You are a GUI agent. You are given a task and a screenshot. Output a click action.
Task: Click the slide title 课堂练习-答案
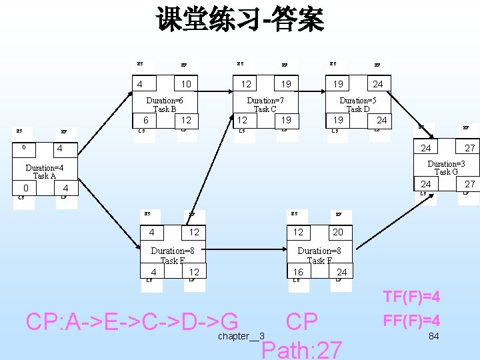pos(240,20)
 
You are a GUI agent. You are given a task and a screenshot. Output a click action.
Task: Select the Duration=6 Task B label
pos(165,105)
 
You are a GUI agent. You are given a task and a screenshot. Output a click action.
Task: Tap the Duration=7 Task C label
pos(265,105)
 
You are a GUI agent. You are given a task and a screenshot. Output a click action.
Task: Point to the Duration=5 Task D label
pos(358,105)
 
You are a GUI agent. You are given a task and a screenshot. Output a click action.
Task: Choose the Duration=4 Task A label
pos(44,172)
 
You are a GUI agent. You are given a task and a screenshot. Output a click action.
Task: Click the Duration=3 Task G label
pos(446,168)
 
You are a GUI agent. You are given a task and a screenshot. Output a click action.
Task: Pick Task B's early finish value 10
pos(186,84)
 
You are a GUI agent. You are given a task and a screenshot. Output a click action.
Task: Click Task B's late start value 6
pos(146,120)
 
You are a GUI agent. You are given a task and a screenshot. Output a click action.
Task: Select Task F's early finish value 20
pos(338,232)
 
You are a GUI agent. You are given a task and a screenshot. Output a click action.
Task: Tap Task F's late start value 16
pos(298,272)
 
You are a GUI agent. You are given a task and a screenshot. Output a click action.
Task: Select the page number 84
pos(433,336)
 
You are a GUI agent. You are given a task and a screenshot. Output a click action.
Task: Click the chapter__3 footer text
pos(241,336)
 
